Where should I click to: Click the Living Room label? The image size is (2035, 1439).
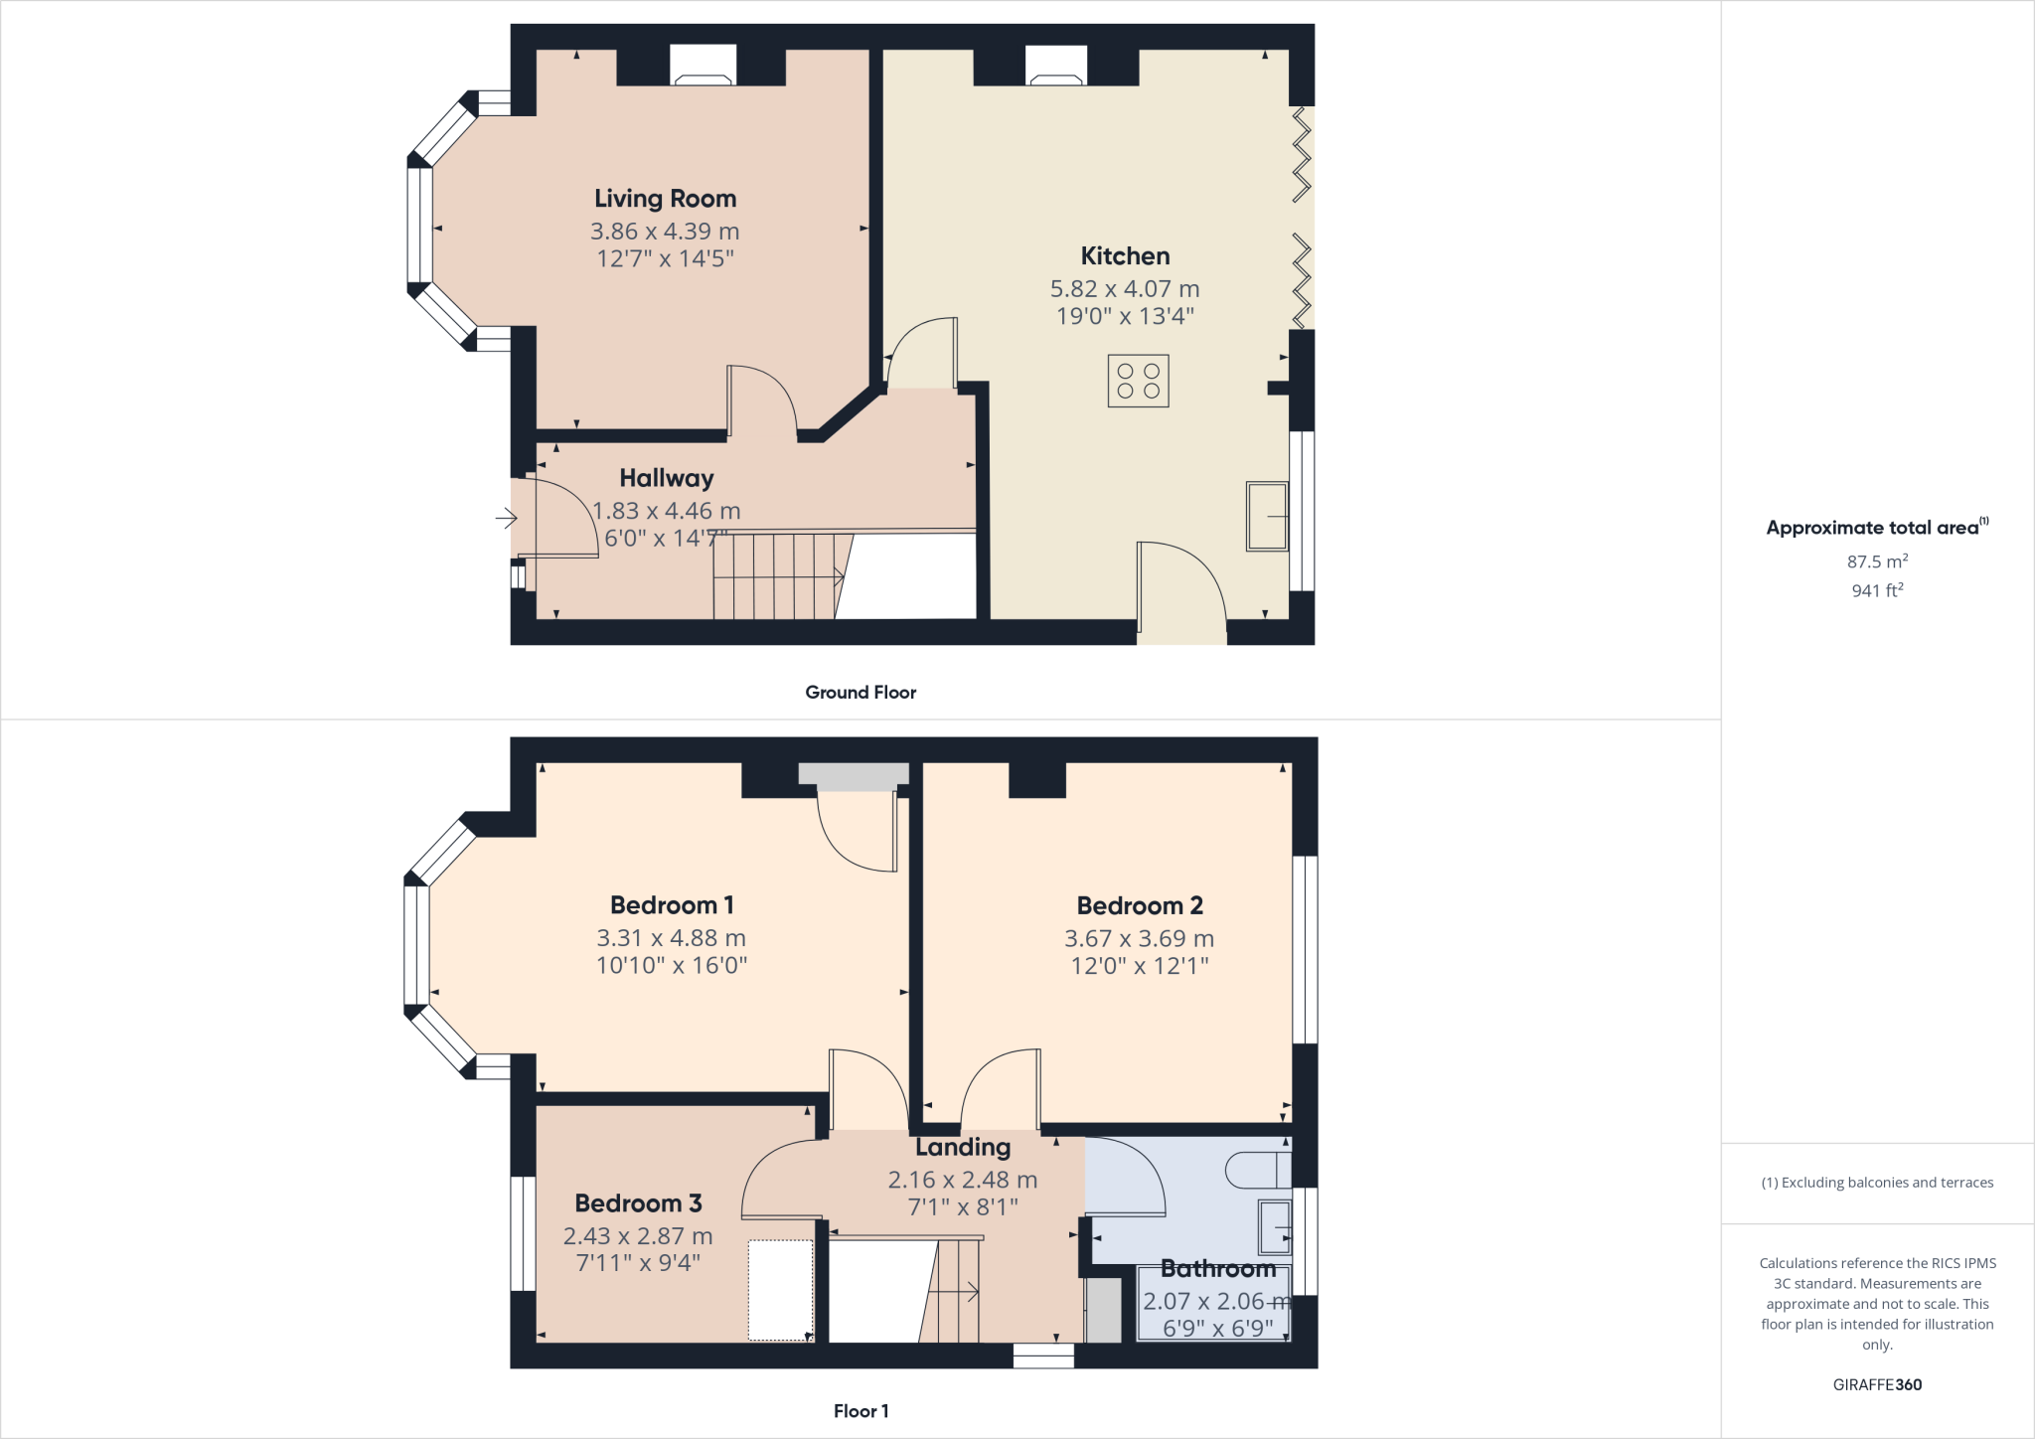tap(665, 199)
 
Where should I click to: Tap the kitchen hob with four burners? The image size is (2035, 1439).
tap(1138, 381)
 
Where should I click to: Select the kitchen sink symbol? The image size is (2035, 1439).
tap(1267, 516)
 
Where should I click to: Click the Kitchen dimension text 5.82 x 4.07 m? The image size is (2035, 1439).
tap(1125, 289)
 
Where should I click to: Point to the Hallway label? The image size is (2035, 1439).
tap(666, 478)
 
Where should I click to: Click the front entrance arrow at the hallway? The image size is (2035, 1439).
tap(507, 518)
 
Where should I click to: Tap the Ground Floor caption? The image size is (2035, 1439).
tap(861, 693)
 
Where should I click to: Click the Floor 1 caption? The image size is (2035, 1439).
tap(861, 1411)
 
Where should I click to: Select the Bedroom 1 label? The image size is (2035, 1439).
tap(672, 905)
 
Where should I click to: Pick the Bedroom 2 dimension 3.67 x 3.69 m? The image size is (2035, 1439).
tap(1139, 938)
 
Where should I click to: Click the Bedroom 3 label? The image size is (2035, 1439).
tap(638, 1203)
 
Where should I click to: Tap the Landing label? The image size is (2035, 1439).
tap(963, 1148)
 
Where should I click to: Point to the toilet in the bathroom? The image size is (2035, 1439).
tap(1257, 1170)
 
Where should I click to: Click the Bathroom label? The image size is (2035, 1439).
tap(1218, 1269)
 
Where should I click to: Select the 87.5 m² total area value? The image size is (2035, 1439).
tap(1877, 561)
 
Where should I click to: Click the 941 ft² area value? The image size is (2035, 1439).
tap(1877, 590)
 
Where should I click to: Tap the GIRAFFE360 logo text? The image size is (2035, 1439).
tap(1877, 1384)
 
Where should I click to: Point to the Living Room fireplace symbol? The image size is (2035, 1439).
tap(703, 66)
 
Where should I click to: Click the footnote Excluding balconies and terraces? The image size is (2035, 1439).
tap(1877, 1183)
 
